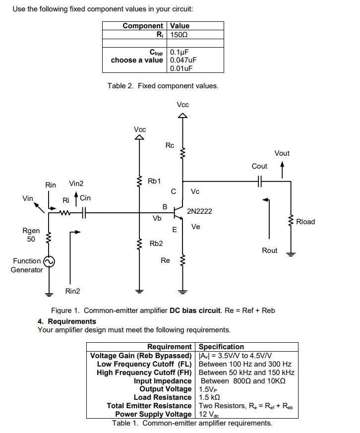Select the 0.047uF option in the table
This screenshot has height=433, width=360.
(183, 60)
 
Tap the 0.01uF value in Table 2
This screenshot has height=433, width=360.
(181, 68)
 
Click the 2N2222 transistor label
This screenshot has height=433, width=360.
(199, 211)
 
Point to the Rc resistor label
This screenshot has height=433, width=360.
(170, 145)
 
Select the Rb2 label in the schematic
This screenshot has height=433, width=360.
(156, 244)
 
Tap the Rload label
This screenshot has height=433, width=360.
(305, 222)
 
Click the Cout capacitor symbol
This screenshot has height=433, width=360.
(259, 182)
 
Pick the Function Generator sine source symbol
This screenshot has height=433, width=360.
(49, 262)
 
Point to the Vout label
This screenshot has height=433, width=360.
(282, 153)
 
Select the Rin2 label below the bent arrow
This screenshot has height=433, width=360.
(72, 291)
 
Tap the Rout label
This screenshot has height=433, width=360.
(270, 250)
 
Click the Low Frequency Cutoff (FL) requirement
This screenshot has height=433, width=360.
(144, 364)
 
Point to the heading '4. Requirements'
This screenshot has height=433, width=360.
(67, 321)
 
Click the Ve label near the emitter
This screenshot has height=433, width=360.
(196, 227)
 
